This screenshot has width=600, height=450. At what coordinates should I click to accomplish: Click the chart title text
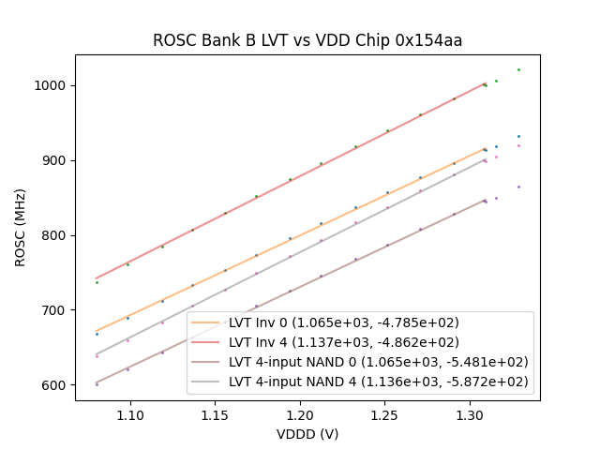pos(307,40)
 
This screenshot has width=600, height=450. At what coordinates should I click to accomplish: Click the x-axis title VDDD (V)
pos(307,434)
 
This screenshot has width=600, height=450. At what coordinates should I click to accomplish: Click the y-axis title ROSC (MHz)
pos(21,227)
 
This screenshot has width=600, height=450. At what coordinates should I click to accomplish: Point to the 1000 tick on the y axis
pos(52,85)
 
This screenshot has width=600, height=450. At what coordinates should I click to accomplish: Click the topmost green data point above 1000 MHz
pos(518,69)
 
